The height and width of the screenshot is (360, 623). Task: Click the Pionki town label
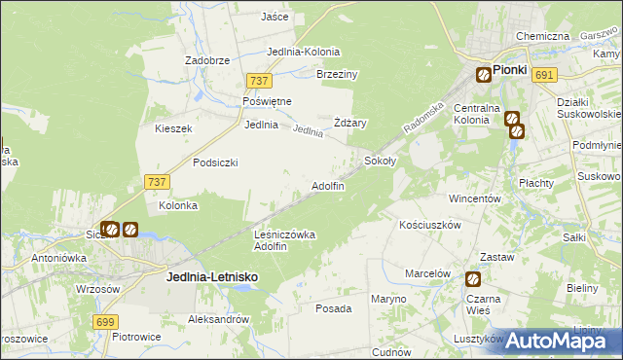pos(509,70)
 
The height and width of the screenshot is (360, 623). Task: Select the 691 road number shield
pos(545,75)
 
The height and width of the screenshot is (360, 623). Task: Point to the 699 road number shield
pos(107,321)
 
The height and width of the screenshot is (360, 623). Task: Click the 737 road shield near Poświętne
pos(258,82)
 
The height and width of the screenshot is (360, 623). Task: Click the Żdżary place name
pos(349,123)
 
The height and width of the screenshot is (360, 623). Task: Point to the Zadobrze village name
pos(207,60)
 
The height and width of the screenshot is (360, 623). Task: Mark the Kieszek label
pos(174,128)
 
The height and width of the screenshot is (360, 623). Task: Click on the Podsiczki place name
pos(215,162)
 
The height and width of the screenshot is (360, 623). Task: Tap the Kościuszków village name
pos(429,224)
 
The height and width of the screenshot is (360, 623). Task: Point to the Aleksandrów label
pos(219,319)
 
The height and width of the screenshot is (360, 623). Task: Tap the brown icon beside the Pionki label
pos(483,73)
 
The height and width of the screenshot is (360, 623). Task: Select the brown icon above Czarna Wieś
pos(472,279)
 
